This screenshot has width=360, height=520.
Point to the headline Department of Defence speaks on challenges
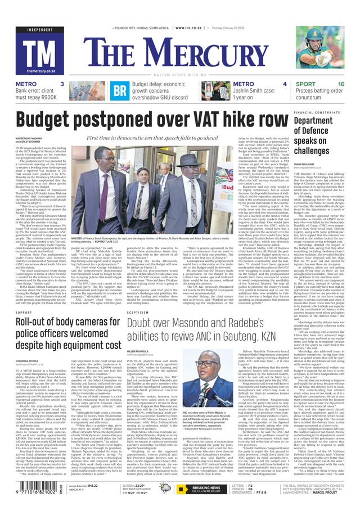click(x=328, y=135)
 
